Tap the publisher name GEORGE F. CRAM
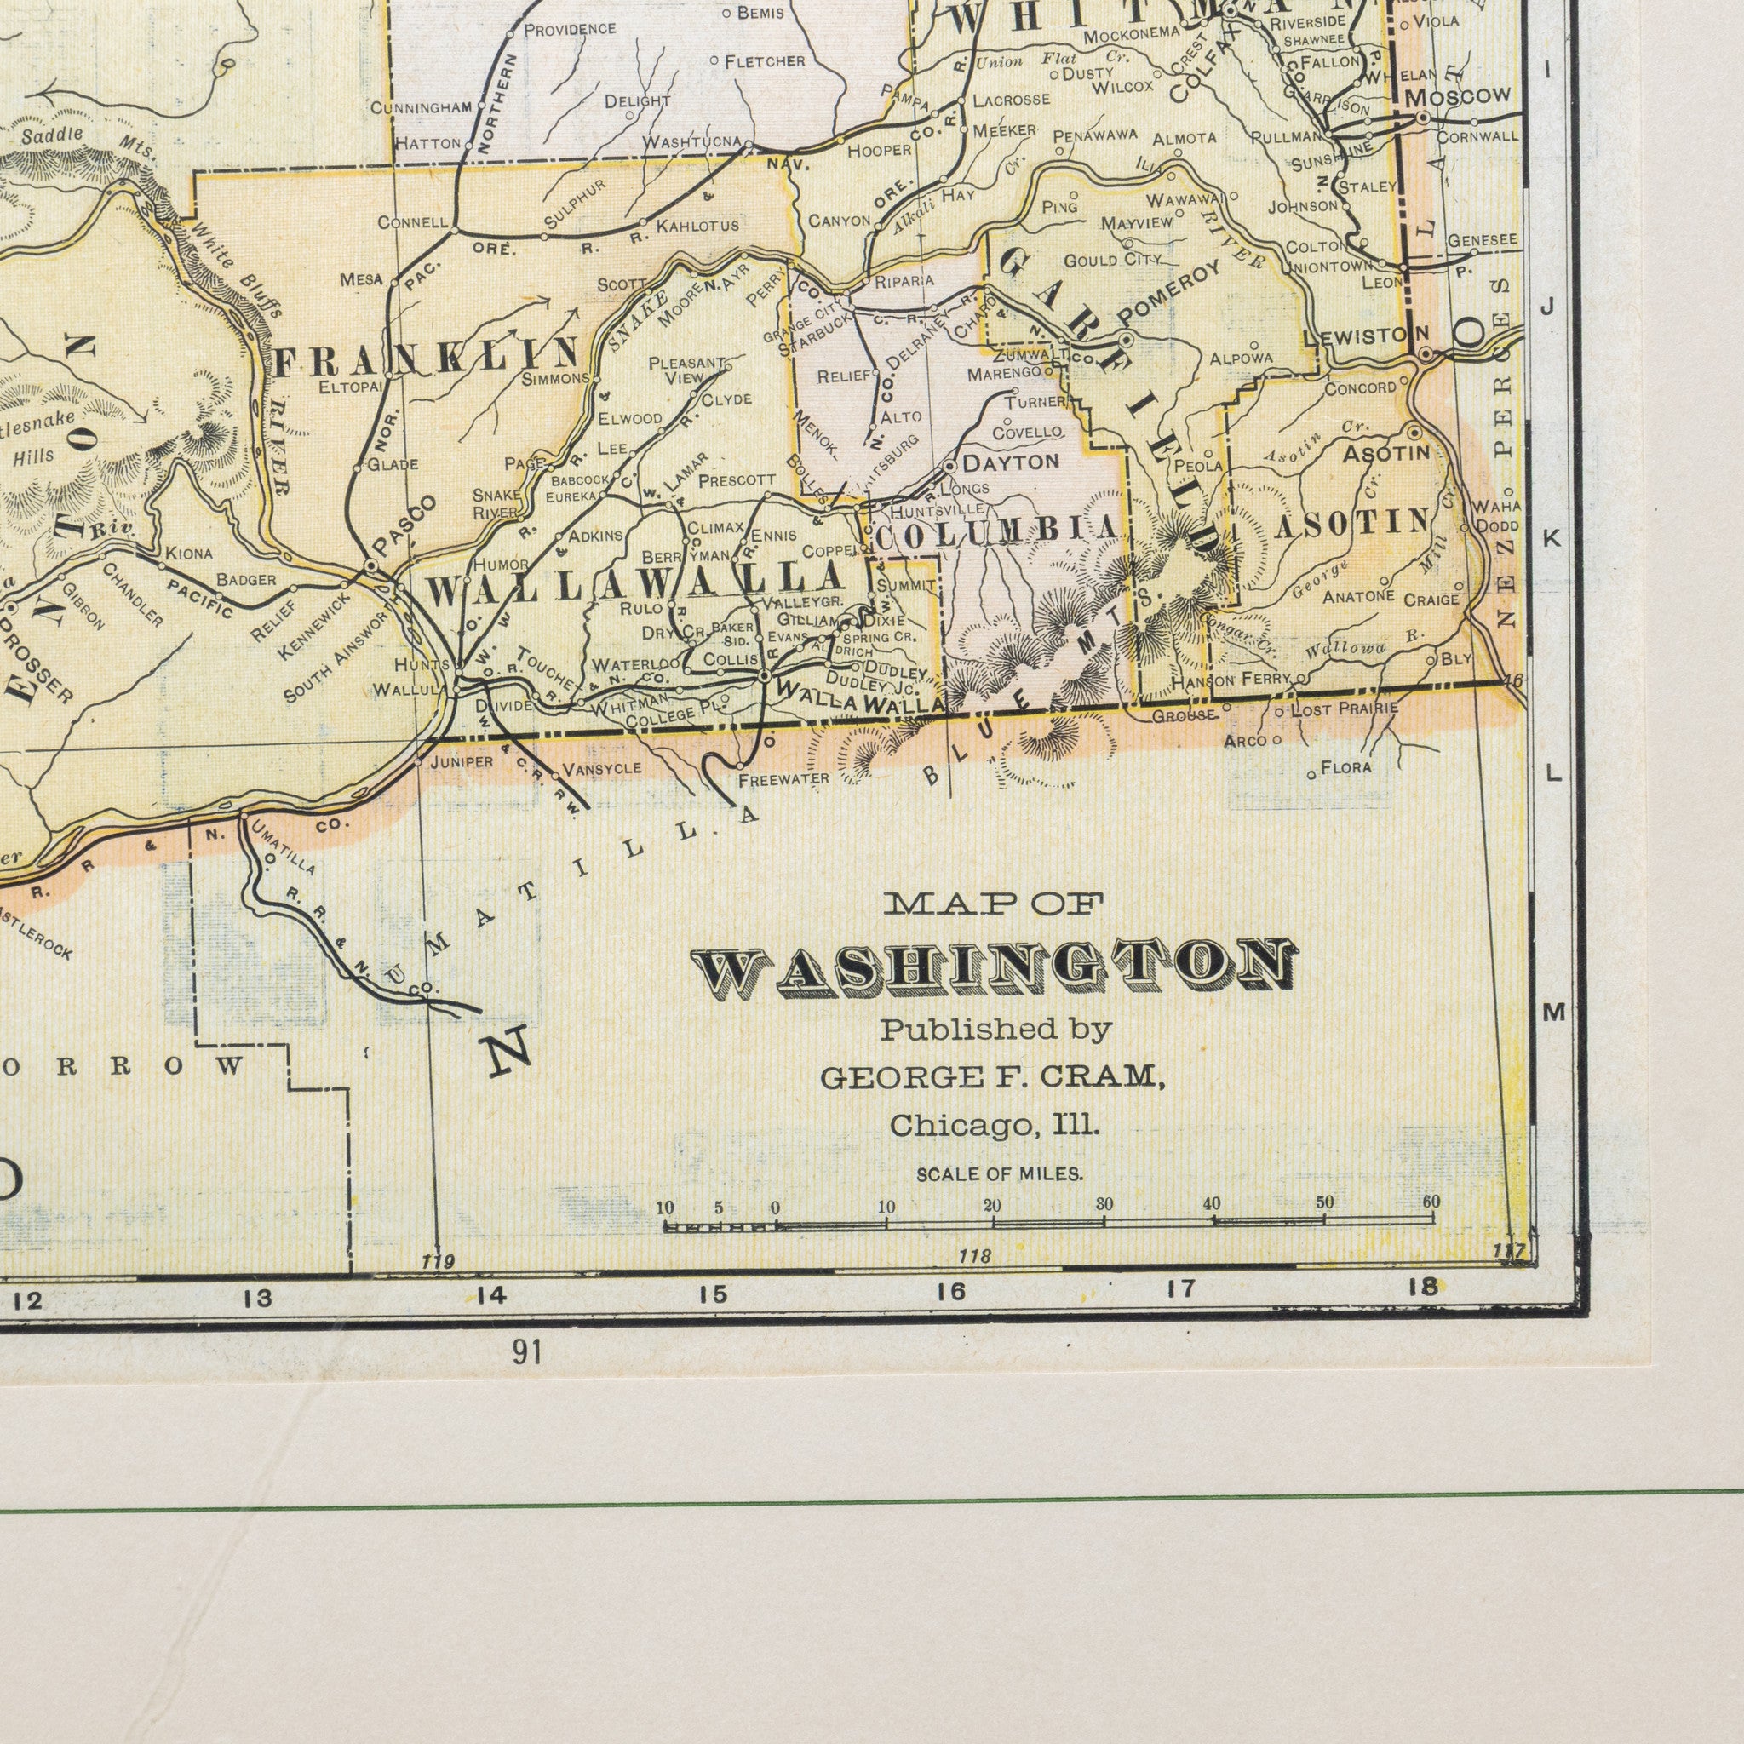[x=990, y=1076]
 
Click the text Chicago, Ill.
[x=994, y=1126]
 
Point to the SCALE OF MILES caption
[x=998, y=1174]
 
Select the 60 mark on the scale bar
[x=1431, y=1202]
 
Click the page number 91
[x=526, y=1352]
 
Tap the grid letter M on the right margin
[x=1552, y=1013]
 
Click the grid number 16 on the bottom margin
[x=950, y=1292]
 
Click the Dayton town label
[x=1010, y=462]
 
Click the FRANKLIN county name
[x=426, y=358]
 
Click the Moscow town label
[x=1457, y=95]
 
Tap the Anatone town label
[x=1358, y=597]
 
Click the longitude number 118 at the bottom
[x=975, y=1257]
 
